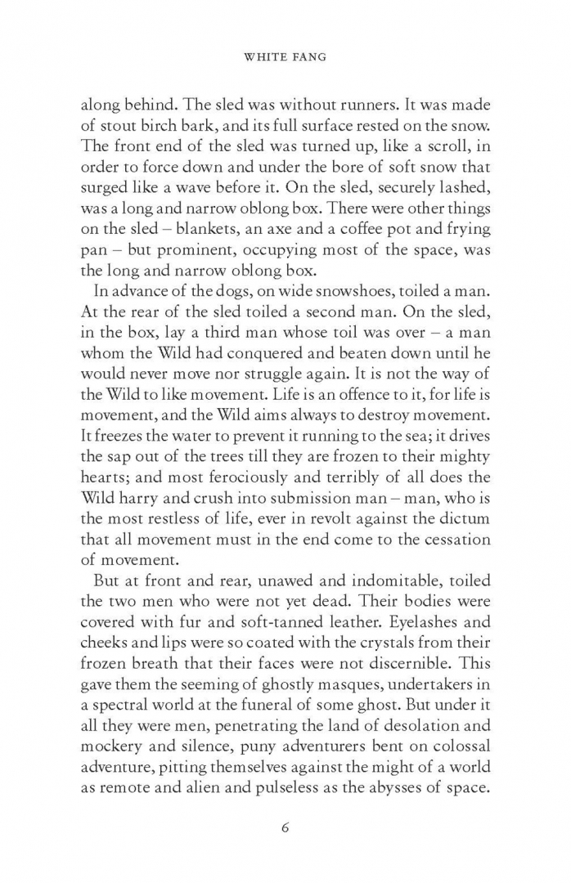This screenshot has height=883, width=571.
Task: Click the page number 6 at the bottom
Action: [285, 827]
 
